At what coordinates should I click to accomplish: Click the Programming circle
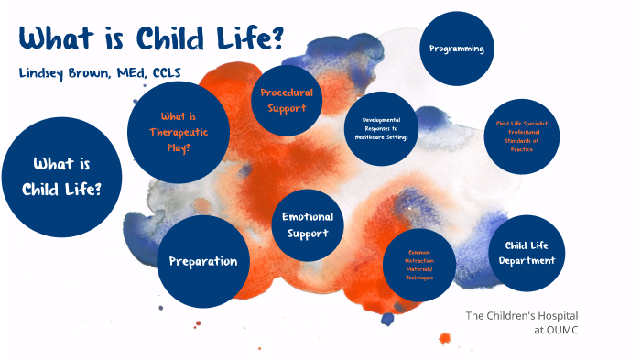[x=457, y=49]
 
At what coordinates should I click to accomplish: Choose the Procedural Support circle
[x=287, y=101]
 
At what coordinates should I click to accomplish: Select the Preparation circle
[x=203, y=261]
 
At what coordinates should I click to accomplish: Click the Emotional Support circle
[x=308, y=225]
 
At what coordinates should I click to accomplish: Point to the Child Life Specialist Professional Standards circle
[x=523, y=136]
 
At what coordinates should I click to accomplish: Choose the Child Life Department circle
[x=527, y=253]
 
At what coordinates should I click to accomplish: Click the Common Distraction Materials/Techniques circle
[x=418, y=265]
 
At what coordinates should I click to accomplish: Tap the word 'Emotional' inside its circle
[x=308, y=217]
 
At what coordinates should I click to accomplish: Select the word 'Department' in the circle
[x=527, y=261]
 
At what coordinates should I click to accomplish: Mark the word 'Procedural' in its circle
[x=287, y=93]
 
